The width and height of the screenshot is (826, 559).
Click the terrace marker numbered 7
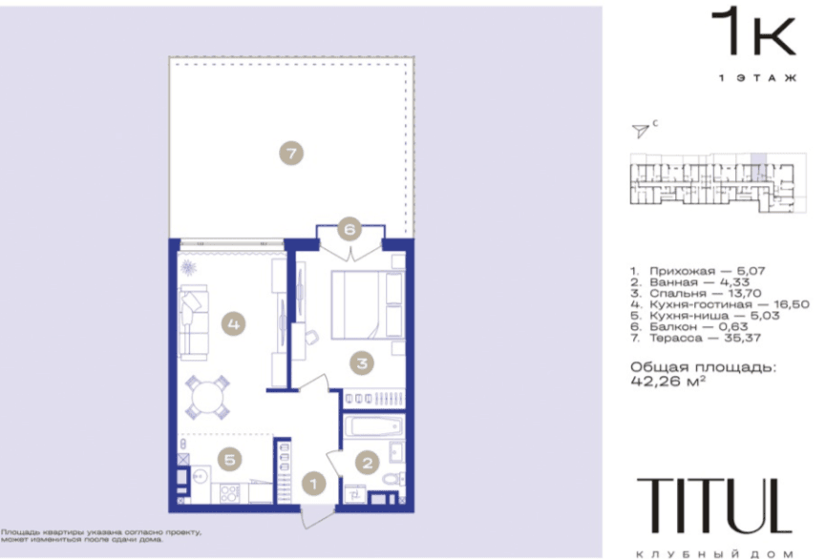pos(291,154)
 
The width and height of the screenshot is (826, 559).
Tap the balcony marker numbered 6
pos(349,228)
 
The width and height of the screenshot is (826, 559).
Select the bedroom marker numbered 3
pos(362,362)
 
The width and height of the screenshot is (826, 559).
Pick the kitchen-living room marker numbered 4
pos(233,323)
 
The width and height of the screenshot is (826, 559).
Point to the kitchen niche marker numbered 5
pos(230,460)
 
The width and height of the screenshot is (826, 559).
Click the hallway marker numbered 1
pos(314,484)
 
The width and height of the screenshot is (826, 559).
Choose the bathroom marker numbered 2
pos(368,463)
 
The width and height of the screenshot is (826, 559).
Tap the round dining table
pos(207,398)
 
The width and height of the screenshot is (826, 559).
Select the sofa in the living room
pos(193,322)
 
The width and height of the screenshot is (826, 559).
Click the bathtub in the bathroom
pos(374,425)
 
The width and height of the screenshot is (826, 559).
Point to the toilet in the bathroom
pos(392,480)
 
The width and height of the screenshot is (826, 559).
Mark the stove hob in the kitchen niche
pos(230,494)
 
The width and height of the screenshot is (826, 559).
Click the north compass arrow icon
pos(641,130)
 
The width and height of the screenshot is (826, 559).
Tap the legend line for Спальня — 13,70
pos(696,293)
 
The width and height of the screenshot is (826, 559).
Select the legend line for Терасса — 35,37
pos(696,338)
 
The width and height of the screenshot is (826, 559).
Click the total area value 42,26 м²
pos(668,381)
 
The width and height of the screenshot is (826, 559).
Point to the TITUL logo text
pos(715,506)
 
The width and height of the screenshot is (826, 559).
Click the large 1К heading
pos(753,31)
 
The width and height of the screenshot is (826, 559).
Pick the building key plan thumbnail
pos(718,182)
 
